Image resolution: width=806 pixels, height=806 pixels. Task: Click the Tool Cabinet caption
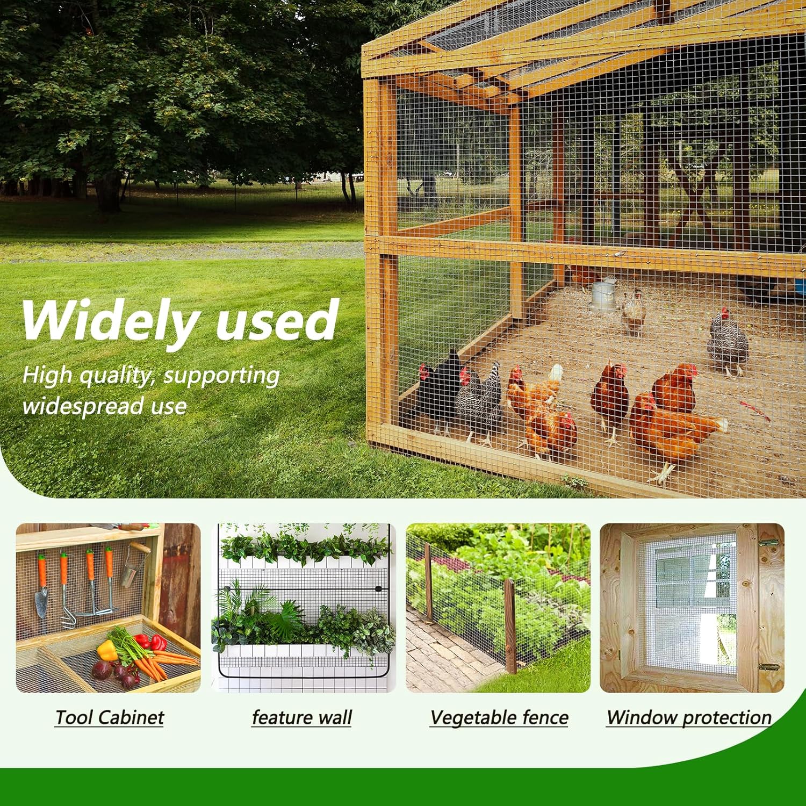(110, 717)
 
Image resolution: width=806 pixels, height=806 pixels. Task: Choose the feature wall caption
(302, 717)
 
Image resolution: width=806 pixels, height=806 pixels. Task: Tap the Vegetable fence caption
(499, 718)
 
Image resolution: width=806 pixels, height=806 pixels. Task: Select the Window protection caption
(689, 718)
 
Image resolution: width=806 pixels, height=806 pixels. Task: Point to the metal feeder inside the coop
(602, 294)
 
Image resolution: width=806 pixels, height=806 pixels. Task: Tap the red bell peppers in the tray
(150, 642)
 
